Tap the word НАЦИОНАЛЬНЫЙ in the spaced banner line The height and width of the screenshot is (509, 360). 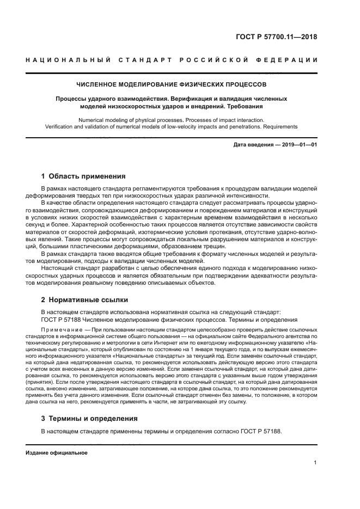tap(66, 59)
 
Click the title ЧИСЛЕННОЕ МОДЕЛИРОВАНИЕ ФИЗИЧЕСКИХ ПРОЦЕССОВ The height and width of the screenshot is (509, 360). tap(172, 85)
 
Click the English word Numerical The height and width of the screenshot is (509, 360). tap(95, 119)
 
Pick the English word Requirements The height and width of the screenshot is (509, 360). tap(280, 126)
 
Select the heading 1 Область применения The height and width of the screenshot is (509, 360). tap(84, 176)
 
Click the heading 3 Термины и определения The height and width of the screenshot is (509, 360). tap(89, 419)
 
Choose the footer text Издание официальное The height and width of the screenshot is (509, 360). tap(57, 453)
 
